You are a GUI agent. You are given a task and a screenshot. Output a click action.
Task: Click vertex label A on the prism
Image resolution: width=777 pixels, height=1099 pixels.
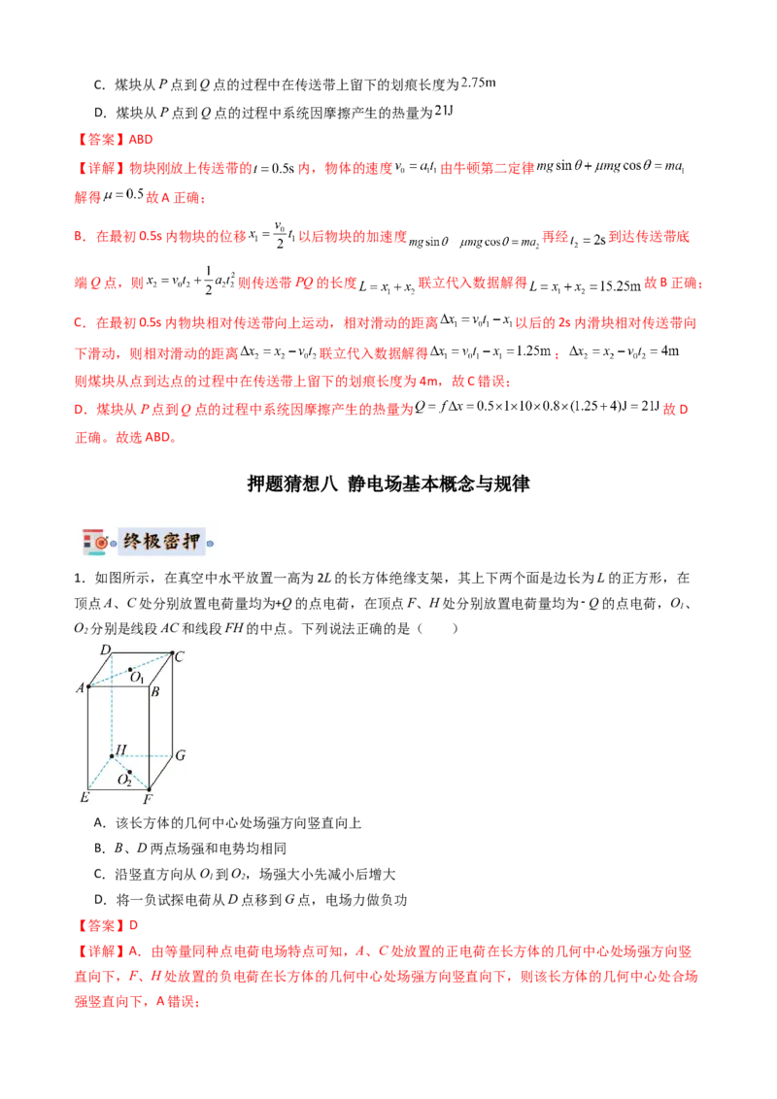tap(81, 688)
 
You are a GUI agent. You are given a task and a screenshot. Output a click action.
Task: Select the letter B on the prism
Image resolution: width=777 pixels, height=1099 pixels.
tap(154, 690)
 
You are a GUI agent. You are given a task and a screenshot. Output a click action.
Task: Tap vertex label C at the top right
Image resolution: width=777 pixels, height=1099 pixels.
tap(180, 656)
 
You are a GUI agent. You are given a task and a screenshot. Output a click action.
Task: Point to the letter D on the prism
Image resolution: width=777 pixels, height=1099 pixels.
tap(105, 649)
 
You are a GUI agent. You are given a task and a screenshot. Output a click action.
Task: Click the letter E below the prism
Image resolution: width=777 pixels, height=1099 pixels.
tap(84, 797)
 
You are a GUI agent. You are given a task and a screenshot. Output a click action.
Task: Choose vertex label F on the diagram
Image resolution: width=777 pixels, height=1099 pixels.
tap(148, 799)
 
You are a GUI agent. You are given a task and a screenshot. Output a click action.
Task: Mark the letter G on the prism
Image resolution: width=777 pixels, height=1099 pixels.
tap(181, 754)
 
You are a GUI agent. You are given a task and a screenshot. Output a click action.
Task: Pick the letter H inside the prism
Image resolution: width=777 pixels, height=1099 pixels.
tap(121, 749)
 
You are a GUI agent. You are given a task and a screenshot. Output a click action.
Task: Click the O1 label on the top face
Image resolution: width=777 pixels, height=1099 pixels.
tap(138, 677)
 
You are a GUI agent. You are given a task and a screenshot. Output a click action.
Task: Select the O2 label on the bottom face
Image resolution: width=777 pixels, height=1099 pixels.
tap(124, 780)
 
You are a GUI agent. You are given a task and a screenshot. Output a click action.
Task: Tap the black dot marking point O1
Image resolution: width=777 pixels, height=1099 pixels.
tap(131, 668)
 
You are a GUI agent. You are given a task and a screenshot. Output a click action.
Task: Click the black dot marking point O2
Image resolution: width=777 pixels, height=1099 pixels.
tap(129, 772)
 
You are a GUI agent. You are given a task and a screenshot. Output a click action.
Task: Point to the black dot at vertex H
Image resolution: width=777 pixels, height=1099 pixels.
tap(112, 755)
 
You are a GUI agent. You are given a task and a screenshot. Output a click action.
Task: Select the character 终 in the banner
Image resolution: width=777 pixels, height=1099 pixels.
tap(132, 542)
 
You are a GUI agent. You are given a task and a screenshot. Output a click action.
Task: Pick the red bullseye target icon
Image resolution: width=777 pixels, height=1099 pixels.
tap(98, 540)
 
